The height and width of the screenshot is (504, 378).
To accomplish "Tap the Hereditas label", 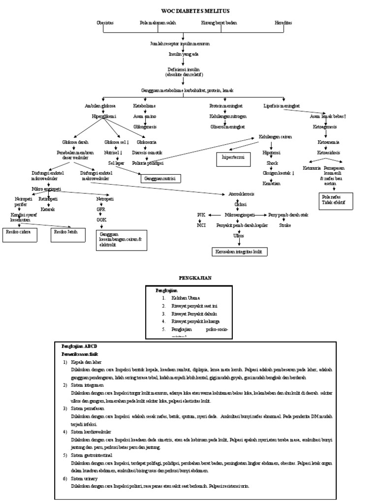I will pos(283,23).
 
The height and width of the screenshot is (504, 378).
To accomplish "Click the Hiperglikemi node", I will pos(104,116).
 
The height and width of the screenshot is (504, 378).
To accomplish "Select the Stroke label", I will pos(285,225).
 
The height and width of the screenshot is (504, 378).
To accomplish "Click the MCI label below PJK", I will pos(201,225).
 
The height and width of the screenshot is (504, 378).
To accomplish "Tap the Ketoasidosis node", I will pos(328,152).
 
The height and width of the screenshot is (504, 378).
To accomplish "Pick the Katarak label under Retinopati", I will pos(48,209).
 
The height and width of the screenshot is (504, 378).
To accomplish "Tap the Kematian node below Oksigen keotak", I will pos(271,183).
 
